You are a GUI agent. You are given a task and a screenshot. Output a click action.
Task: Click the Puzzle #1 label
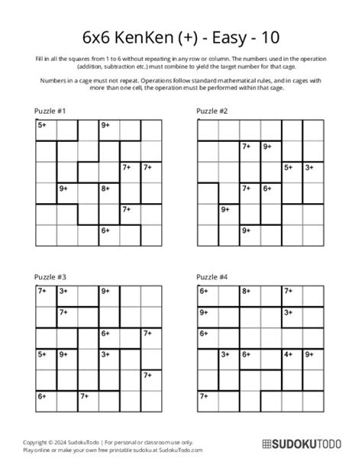pyautogui.click(x=50, y=111)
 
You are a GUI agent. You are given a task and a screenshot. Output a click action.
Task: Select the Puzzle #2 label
pyautogui.click(x=212, y=111)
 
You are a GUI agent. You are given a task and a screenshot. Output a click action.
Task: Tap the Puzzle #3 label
pyautogui.click(x=50, y=277)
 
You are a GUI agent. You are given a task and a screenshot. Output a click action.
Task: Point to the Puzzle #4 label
pyautogui.click(x=212, y=277)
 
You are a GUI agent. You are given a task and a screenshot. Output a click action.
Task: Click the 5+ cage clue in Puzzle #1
pyautogui.click(x=41, y=124)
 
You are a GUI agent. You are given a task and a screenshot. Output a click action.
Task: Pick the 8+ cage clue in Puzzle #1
pyautogui.click(x=105, y=187)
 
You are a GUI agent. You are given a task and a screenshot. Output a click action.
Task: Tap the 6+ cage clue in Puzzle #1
pyautogui.click(x=105, y=229)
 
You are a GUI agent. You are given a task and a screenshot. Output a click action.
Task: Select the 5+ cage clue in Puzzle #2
pyautogui.click(x=288, y=166)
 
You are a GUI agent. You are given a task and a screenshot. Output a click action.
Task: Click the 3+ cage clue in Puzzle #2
pyautogui.click(x=309, y=166)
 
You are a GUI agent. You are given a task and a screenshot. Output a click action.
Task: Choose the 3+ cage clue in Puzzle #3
pyautogui.click(x=63, y=291)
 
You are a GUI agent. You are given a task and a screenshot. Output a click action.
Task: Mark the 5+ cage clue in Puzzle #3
pyautogui.click(x=41, y=353)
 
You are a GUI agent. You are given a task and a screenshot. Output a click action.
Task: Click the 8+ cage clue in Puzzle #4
pyautogui.click(x=246, y=291)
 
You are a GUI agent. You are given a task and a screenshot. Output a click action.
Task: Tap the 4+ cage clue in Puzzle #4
pyautogui.click(x=288, y=353)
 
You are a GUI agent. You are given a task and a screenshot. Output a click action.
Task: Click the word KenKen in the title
pyautogui.click(x=146, y=37)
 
